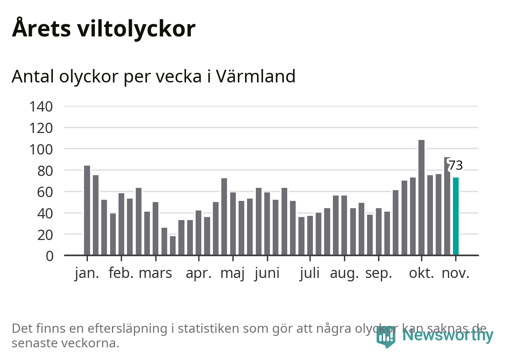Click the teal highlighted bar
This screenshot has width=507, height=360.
(456, 216)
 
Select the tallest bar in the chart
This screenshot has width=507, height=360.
(421, 197)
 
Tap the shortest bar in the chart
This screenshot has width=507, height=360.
(173, 245)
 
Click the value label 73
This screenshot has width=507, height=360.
(456, 166)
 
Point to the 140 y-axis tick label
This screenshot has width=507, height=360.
(41, 107)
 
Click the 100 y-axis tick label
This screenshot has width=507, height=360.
(41, 149)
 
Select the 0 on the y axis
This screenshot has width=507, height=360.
(49, 256)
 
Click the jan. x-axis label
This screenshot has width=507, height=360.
(87, 273)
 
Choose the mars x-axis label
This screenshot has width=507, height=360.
(155, 273)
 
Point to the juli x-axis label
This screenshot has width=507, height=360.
(309, 273)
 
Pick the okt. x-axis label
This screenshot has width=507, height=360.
(421, 273)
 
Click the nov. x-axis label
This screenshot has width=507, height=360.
(456, 273)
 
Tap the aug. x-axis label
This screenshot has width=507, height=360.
(344, 273)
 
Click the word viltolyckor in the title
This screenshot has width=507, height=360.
(136, 29)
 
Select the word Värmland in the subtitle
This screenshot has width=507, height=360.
(256, 76)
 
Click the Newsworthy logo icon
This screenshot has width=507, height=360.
(385, 337)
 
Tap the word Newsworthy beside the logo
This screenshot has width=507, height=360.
(448, 335)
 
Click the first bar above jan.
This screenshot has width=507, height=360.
(87, 210)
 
